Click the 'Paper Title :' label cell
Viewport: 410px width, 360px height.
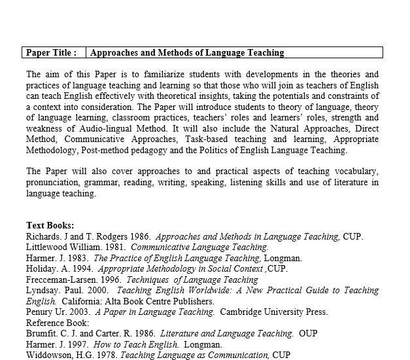pyautogui.click(x=52, y=52)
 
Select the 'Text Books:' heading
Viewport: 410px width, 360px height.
pyautogui.click(x=50, y=226)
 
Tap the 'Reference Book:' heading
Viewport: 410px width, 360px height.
pyautogui.click(x=58, y=323)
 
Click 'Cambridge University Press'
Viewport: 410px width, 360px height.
pyautogui.click(x=273, y=312)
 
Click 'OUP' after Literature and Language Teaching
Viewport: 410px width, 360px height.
pyautogui.click(x=308, y=334)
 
